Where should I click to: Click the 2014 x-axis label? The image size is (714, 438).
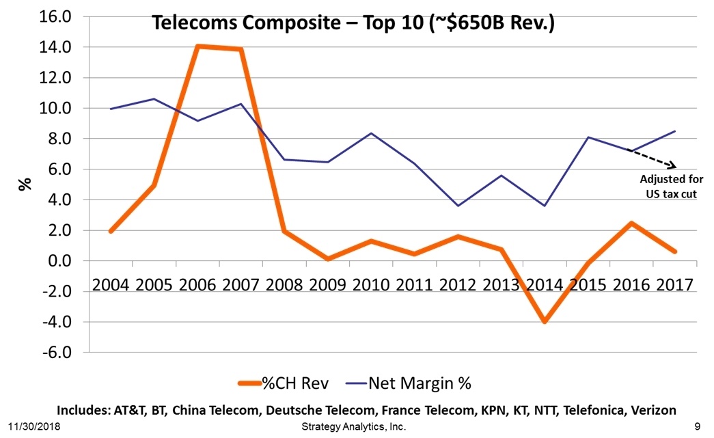544,284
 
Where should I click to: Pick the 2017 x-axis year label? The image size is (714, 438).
674,284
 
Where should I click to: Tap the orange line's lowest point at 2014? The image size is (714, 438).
545,321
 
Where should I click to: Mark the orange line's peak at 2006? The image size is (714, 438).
198,46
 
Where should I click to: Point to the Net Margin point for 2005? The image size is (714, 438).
154,99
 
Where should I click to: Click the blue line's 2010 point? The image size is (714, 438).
371,133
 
